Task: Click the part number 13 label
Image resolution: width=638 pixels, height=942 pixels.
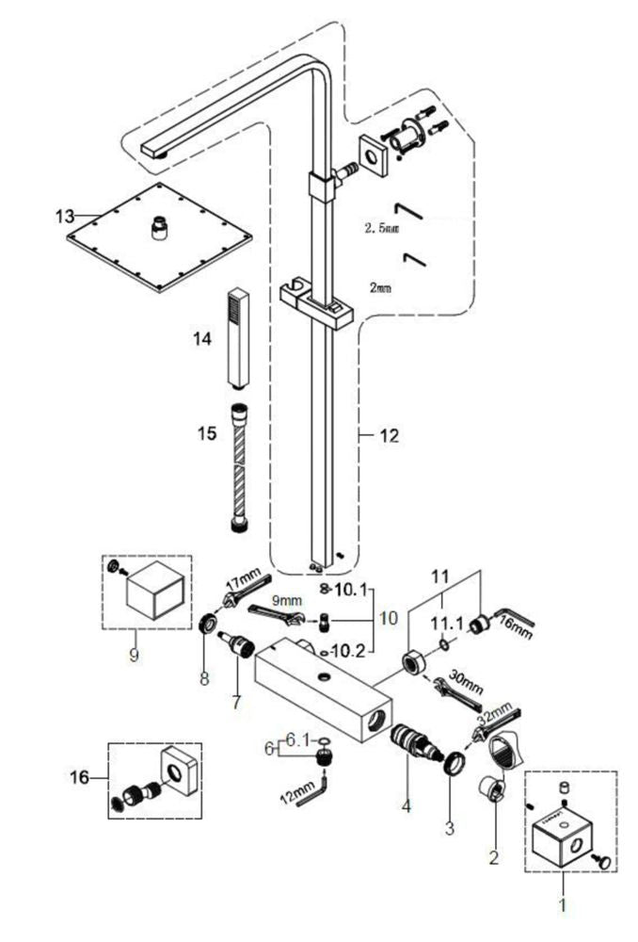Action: (64, 217)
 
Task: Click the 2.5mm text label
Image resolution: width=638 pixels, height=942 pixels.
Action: (382, 228)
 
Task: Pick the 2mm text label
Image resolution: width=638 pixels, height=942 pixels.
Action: (380, 289)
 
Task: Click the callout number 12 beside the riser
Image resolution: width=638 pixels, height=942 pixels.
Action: (389, 436)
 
